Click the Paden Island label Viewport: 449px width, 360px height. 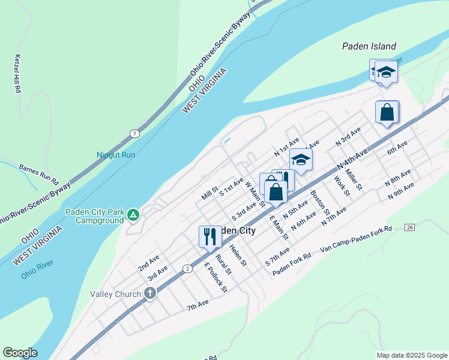click(369, 46)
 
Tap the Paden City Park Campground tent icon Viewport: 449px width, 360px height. click(134, 214)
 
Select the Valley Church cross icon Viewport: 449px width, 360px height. click(149, 293)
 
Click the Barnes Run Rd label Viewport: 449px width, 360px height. click(38, 172)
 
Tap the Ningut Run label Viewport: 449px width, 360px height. click(116, 154)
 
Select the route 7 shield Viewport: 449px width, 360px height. click(136, 133)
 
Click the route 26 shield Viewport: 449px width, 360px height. click(410, 227)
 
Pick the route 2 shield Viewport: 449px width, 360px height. click(187, 268)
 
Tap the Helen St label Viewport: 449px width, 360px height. click(238, 254)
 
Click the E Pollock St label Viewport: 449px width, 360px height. click(215, 278)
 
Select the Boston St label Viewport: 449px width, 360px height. click(320, 202)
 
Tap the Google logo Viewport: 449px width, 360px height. click(20, 353)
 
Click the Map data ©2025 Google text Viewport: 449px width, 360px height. click(411, 355)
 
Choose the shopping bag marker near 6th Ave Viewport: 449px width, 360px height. click(387, 112)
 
